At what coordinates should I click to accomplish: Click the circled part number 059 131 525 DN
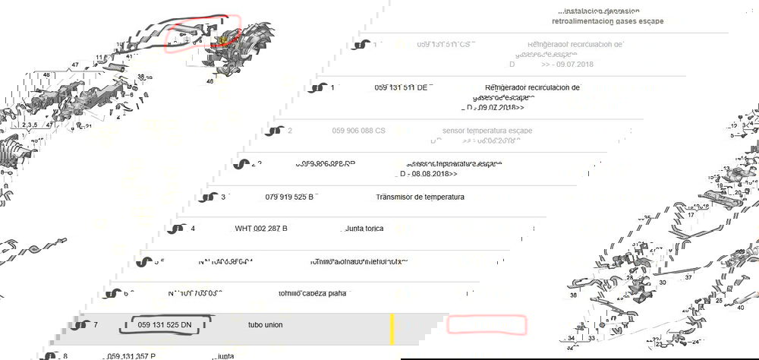[165, 325]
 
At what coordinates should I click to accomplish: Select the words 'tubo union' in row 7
[265, 325]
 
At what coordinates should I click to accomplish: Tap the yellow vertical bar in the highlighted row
[392, 327]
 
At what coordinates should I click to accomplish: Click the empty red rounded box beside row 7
[486, 325]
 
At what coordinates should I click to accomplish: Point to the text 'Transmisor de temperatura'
[420, 197]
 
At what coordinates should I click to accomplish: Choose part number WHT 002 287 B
[261, 229]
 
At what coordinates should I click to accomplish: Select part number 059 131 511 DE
[400, 87]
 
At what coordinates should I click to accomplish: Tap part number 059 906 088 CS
[358, 131]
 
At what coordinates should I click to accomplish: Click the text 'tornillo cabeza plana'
[311, 293]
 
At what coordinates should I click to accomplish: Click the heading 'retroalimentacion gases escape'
[607, 21]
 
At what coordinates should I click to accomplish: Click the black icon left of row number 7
[80, 325]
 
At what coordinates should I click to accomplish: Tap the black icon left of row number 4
[177, 229]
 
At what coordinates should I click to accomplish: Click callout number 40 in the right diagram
[741, 308]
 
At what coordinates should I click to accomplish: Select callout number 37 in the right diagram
[688, 277]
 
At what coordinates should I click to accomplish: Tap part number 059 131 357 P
[131, 355]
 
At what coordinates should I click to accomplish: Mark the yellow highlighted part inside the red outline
[224, 39]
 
